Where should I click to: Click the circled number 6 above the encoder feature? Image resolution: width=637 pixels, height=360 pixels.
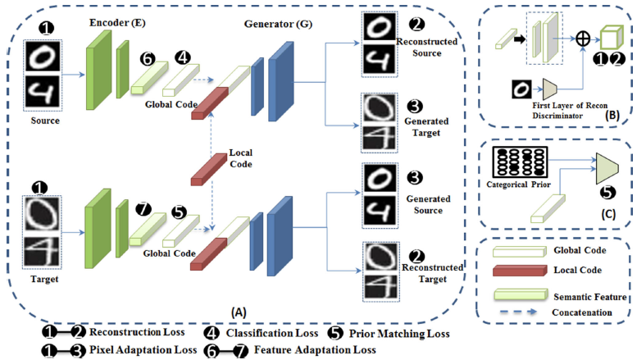tap(147, 61)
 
